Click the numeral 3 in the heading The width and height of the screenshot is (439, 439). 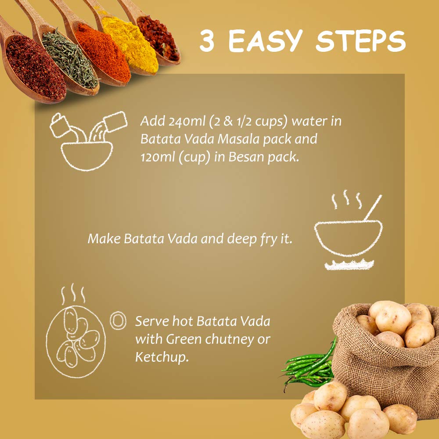207,40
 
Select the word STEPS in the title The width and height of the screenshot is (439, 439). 360,41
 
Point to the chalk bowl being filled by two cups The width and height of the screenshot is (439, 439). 87,156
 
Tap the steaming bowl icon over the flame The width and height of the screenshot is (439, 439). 348,230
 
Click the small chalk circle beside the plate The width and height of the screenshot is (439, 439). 118,320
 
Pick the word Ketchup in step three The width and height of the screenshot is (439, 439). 162,357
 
